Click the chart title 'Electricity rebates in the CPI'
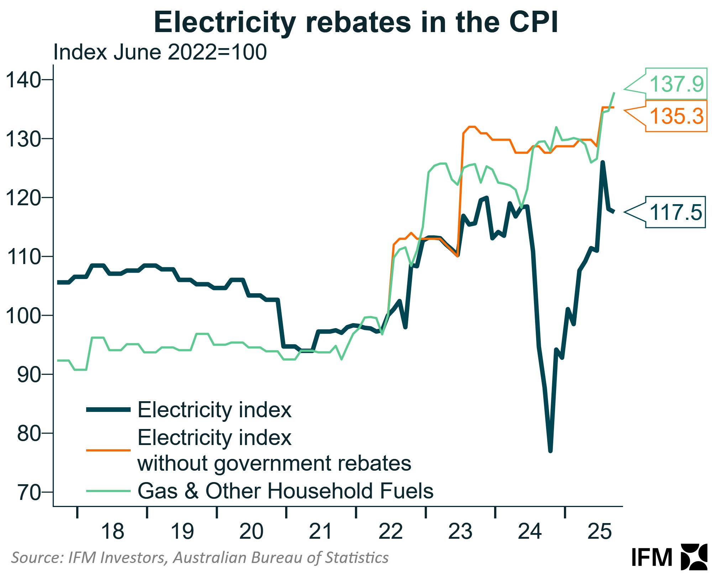click(x=356, y=22)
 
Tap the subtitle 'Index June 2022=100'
click(x=160, y=52)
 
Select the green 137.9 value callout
click(x=676, y=84)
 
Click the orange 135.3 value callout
click(x=676, y=116)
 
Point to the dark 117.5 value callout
click(x=675, y=212)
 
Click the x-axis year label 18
click(x=112, y=531)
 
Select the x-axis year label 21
click(x=321, y=531)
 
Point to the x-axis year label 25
click(x=600, y=531)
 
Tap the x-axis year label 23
click(x=460, y=531)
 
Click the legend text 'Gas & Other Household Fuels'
click(x=285, y=491)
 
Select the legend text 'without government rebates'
click(x=274, y=463)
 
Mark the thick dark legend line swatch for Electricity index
click(x=108, y=410)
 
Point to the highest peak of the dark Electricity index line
click(x=603, y=162)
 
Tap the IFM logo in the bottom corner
click(x=669, y=557)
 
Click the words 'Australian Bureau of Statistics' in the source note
click(x=281, y=558)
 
